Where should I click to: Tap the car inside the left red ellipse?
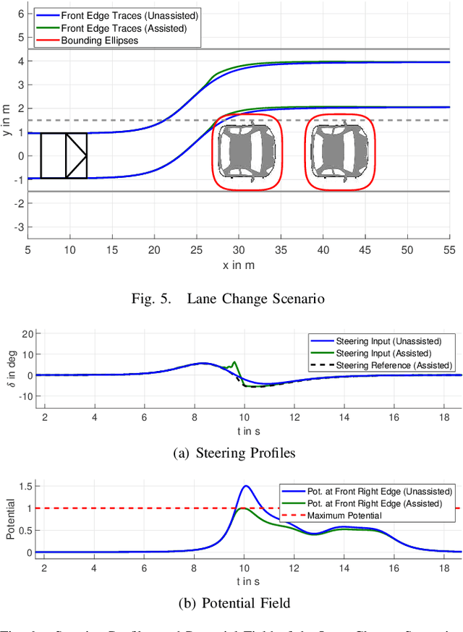[247, 152]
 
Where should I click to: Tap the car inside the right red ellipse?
[339, 152]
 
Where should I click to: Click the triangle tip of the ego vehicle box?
[87, 155]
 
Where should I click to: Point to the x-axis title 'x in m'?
[239, 265]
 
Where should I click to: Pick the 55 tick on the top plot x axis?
[449, 249]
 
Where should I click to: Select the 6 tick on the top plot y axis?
[20, 14]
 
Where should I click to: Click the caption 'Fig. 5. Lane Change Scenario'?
[238, 298]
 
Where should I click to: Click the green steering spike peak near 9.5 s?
[234, 362]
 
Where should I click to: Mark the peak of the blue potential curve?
[246, 486]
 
